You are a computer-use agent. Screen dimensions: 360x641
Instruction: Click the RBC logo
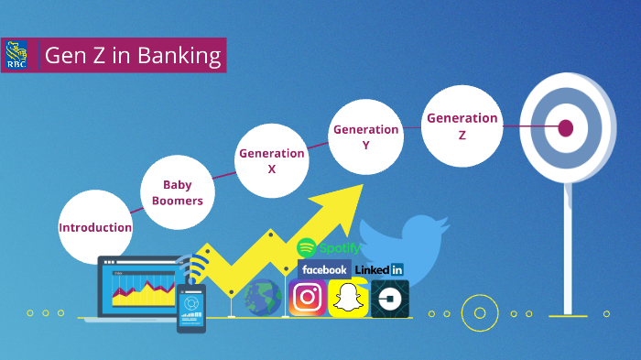pos(16,55)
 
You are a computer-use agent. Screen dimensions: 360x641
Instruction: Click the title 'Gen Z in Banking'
pos(134,56)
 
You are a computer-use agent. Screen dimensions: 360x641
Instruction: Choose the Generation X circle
pos(271,161)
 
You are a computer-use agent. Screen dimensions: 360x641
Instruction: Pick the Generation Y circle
pos(365,136)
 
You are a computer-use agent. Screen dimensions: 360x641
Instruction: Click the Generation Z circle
pos(462,125)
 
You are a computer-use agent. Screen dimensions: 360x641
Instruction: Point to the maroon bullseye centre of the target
pos(565,128)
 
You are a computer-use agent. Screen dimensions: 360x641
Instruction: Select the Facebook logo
pos(324,270)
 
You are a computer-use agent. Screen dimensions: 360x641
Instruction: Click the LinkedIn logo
pos(378,270)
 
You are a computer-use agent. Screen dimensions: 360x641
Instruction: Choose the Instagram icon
pos(308,298)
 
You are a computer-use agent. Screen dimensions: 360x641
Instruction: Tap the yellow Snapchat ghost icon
pos(348,298)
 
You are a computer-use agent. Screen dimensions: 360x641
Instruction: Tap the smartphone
pos(191,307)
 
